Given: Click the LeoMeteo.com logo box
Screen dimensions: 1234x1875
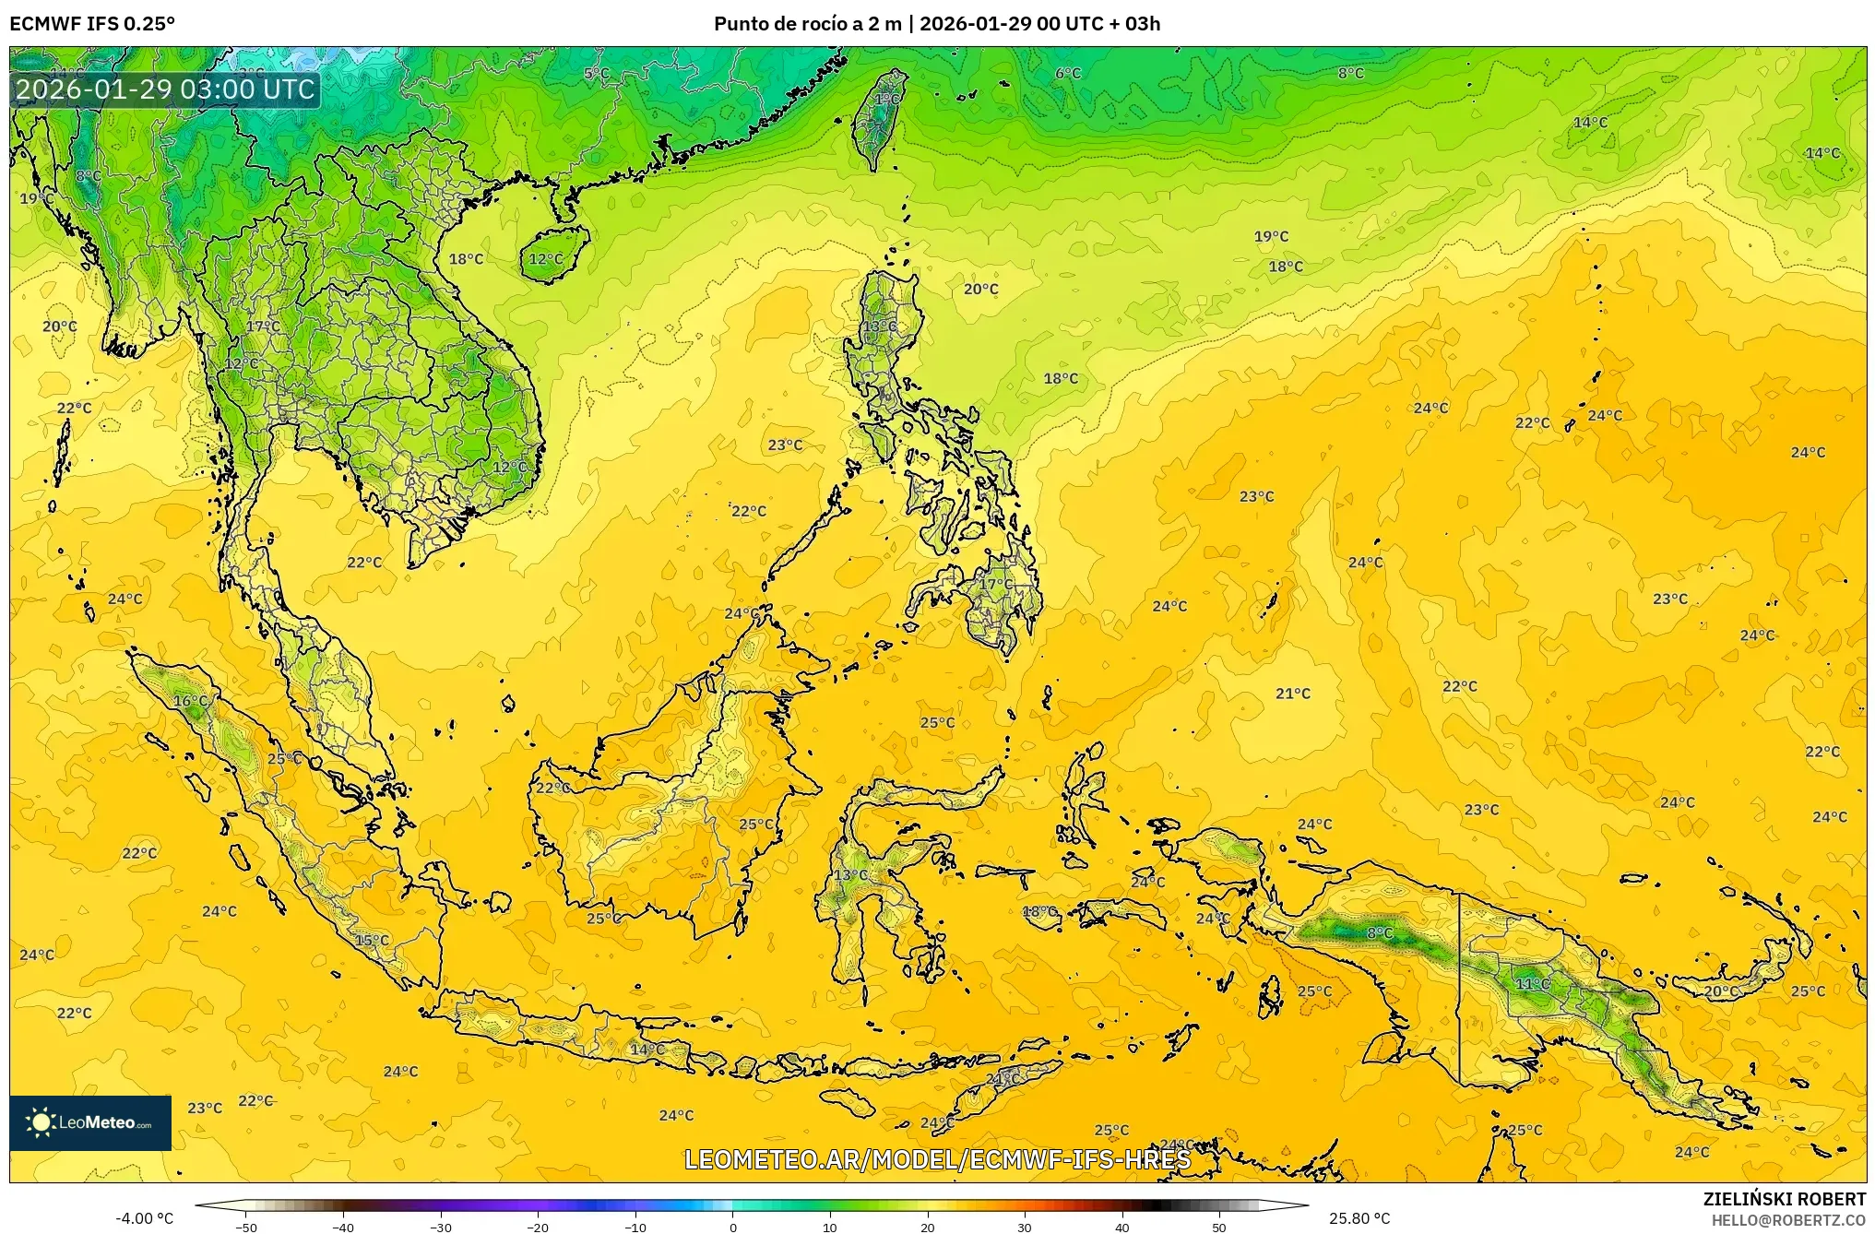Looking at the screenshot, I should [x=90, y=1122].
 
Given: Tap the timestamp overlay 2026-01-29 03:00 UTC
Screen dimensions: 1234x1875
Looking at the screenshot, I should [x=165, y=89].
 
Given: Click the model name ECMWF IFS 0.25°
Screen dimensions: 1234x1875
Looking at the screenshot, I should [x=92, y=24].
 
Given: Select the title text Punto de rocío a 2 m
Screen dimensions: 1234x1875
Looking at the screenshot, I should [x=807, y=24].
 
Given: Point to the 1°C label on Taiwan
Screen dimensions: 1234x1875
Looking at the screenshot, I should [x=886, y=100].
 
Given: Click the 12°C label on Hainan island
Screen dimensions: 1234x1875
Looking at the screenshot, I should [x=545, y=259].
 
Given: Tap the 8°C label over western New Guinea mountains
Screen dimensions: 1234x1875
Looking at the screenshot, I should [x=1380, y=933].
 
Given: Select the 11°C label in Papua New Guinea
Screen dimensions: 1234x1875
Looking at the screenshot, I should [x=1533, y=984].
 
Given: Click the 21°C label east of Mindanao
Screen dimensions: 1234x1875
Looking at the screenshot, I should [x=1292, y=694].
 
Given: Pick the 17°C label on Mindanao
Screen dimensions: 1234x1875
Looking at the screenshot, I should [x=995, y=585].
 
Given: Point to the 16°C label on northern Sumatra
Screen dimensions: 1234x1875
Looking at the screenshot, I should [x=191, y=701].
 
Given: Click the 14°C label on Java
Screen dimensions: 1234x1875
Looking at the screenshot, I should [x=647, y=1050].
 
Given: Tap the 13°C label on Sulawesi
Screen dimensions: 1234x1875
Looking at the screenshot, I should [x=850, y=875].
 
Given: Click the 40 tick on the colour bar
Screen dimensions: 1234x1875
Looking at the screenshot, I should [x=1121, y=1227].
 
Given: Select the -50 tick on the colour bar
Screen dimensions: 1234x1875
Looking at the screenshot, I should [x=245, y=1227].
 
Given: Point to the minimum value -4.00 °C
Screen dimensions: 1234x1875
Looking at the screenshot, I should [x=144, y=1218].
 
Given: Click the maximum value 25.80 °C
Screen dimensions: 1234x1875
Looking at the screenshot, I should [x=1359, y=1218].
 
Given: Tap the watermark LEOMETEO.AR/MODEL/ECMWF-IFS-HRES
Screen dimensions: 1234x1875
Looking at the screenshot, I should [x=937, y=1159].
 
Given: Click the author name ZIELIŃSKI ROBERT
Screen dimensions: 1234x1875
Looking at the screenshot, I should [x=1784, y=1199].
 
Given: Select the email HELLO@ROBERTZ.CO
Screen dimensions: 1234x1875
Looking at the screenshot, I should [x=1788, y=1220].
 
